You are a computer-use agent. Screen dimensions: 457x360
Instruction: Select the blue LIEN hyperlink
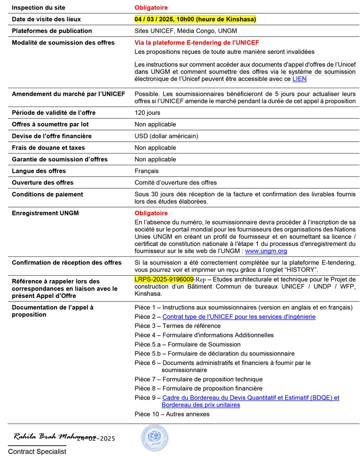click(x=299, y=79)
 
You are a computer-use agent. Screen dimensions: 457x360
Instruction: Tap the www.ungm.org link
click(x=266, y=251)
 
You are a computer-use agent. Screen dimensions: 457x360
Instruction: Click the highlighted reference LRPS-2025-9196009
click(x=164, y=279)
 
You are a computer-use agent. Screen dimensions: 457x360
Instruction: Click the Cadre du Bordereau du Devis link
click(x=251, y=398)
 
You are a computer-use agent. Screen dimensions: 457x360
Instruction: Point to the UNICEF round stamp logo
click(x=154, y=438)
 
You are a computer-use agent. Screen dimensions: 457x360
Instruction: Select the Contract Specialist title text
click(x=37, y=451)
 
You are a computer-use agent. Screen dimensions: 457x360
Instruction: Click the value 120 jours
click(x=147, y=112)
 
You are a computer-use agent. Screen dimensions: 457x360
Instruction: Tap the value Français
click(x=146, y=171)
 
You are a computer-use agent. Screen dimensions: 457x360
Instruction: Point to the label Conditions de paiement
click(x=48, y=194)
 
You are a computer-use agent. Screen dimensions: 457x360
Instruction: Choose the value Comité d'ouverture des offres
click(x=175, y=182)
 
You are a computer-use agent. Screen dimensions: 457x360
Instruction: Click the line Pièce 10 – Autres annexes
click(x=172, y=414)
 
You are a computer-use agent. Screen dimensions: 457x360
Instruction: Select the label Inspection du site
click(x=38, y=8)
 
